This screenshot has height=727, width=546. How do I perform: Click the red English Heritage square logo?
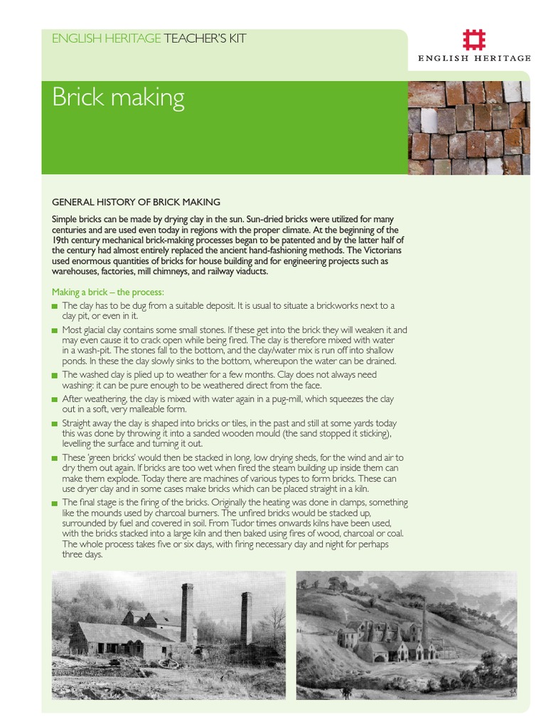[473, 40]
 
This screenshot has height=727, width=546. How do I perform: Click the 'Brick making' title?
[118, 98]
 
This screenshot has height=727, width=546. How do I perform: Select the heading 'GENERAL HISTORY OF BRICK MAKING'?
[136, 202]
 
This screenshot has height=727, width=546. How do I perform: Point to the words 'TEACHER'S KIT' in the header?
[205, 38]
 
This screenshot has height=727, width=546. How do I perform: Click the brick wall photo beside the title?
[469, 128]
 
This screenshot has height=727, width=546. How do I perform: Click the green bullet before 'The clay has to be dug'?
[55, 306]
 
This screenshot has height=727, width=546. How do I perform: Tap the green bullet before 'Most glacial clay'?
[55, 331]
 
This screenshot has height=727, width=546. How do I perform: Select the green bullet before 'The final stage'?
[55, 503]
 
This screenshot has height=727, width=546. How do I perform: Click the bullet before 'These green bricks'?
[55, 459]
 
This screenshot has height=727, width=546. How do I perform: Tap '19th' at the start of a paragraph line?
[62, 241]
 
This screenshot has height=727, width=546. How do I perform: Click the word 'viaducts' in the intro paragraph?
[248, 271]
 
